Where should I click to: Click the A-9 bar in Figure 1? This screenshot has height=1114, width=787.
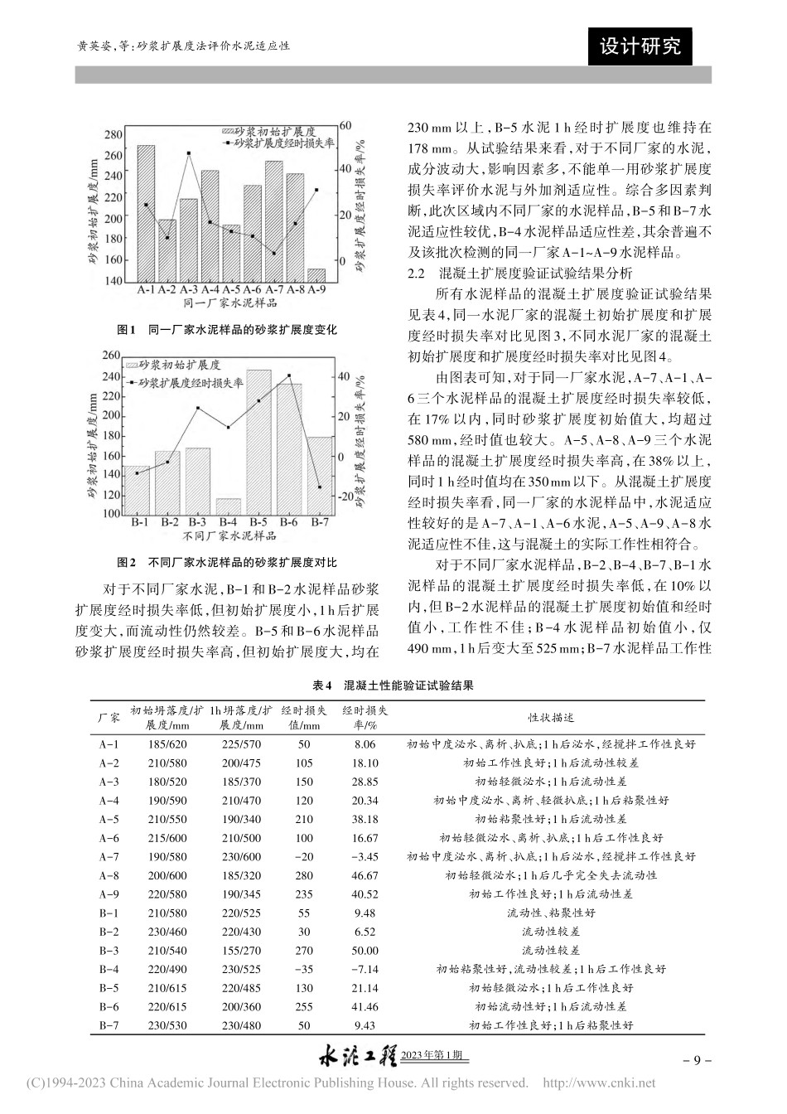tap(316, 275)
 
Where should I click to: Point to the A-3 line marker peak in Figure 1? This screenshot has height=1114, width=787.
tap(189, 153)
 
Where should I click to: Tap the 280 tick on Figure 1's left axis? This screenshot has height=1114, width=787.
tap(113, 135)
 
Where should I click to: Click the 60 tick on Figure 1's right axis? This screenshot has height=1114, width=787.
tap(346, 124)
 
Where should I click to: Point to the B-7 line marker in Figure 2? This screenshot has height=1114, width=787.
tap(319, 487)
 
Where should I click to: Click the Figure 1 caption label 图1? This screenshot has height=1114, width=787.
tap(127, 330)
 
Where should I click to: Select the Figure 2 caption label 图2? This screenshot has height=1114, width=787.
tap(127, 562)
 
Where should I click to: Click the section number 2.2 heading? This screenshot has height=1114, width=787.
tap(414, 273)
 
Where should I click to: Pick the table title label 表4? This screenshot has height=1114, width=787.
tap(321, 686)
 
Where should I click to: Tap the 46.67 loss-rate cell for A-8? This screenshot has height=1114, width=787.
tap(365, 875)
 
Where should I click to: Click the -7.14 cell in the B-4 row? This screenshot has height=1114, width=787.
tap(365, 969)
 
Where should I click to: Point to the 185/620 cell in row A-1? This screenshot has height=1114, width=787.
tap(168, 744)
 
